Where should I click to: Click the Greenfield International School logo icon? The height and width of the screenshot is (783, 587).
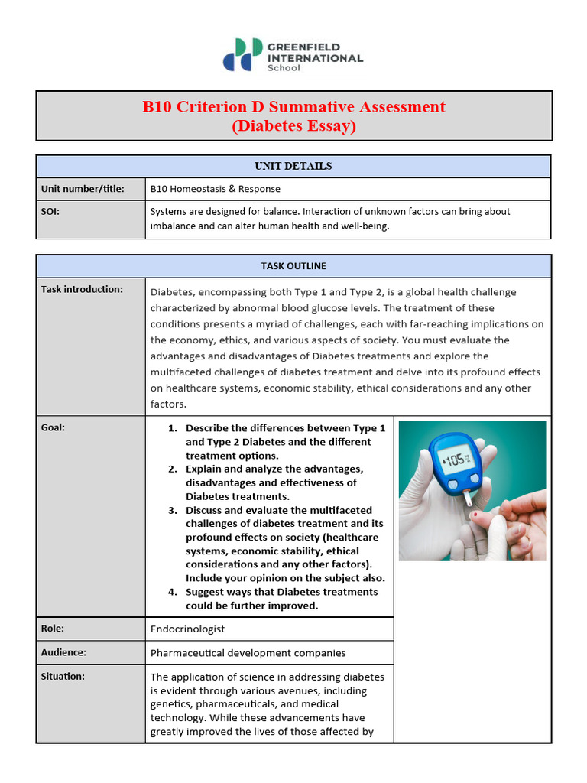[x=242, y=54]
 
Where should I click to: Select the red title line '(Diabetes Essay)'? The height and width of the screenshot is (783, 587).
[x=293, y=126]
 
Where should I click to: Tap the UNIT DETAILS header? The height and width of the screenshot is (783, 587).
[x=293, y=166]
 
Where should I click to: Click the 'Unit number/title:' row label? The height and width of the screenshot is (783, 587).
[x=83, y=189]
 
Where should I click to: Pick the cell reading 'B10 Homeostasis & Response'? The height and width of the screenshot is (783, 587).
[x=216, y=189]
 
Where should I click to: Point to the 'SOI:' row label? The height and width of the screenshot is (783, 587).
[x=50, y=211]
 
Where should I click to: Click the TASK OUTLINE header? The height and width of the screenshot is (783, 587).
[x=293, y=266]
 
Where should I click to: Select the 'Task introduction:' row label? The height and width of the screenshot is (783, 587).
[x=82, y=289]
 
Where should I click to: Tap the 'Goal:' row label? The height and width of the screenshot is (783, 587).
[x=53, y=427]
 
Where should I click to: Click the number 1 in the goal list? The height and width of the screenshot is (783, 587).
[x=173, y=428]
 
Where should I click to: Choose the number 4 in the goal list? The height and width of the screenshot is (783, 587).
[x=173, y=592]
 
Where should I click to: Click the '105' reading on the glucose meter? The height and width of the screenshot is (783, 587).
[x=457, y=460]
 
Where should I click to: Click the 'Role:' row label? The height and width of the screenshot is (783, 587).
[x=52, y=629]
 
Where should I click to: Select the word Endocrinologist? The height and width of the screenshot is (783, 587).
[x=187, y=629]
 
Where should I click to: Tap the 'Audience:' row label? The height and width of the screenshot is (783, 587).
[x=63, y=652]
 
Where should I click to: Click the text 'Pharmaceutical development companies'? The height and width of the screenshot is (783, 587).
[x=248, y=653]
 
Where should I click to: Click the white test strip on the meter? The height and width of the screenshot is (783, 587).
[x=469, y=499]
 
